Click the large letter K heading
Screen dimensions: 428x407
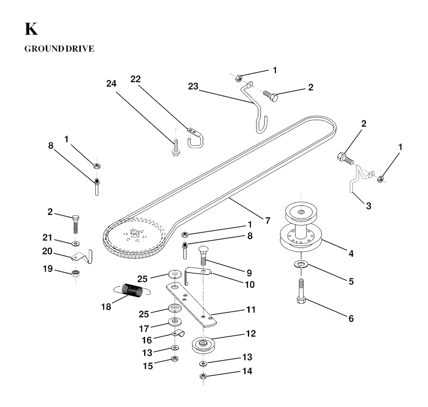(x=31, y=29)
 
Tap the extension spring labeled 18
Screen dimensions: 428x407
(x=132, y=289)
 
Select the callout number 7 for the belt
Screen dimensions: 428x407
(x=268, y=220)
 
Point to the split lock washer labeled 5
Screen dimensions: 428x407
(x=301, y=264)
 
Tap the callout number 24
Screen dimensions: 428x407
(x=111, y=83)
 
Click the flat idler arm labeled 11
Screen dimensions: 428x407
(x=191, y=304)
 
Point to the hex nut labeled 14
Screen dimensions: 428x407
(x=203, y=377)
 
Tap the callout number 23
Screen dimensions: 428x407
(x=193, y=86)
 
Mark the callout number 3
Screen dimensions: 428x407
(x=369, y=206)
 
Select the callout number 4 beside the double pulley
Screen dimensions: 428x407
(x=351, y=254)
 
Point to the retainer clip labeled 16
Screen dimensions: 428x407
(x=177, y=333)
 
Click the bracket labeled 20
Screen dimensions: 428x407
(x=82, y=257)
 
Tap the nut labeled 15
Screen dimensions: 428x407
(x=175, y=359)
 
